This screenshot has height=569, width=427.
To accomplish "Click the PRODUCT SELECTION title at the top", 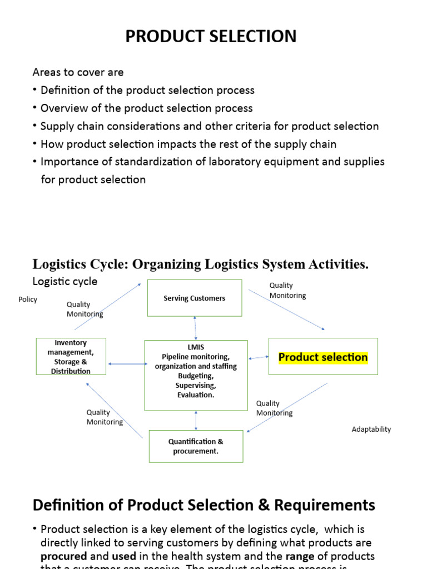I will click(x=211, y=37).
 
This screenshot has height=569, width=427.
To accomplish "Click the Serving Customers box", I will click(x=195, y=298).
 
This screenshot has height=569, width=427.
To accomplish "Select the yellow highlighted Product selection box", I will click(x=323, y=357).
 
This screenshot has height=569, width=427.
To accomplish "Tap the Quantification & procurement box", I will click(x=196, y=446).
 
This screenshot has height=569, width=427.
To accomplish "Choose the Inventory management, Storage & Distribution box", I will click(x=71, y=357).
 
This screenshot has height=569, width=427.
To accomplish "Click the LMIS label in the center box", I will click(x=196, y=347).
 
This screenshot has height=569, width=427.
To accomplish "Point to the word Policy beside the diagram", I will click(x=28, y=300).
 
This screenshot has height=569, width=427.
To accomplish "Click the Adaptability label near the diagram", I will click(x=371, y=429).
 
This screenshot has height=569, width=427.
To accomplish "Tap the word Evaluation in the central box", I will click(x=196, y=395).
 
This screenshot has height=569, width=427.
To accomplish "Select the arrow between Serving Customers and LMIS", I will click(x=195, y=328).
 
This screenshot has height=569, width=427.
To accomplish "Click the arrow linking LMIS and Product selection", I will click(x=258, y=358).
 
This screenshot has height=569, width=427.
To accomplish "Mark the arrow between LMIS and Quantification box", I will click(x=196, y=420).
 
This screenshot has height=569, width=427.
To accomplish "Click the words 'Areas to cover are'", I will click(x=78, y=72).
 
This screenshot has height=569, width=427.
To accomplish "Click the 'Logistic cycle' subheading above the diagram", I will click(x=65, y=281).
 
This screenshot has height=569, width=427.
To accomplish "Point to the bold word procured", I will click(x=64, y=556).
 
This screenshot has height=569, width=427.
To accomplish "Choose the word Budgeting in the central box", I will click(x=196, y=376).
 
